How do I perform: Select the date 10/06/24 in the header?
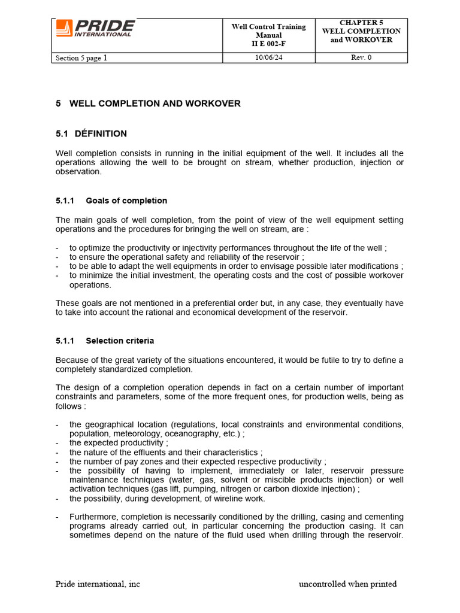[269, 58]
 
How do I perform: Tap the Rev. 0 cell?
[361, 58]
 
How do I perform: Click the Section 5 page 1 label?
[81, 58]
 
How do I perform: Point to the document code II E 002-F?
[268, 44]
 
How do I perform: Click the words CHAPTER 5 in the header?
[361, 23]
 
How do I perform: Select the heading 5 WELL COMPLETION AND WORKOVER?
[148, 104]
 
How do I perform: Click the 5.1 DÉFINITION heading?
[91, 133]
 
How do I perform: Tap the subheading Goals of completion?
[126, 201]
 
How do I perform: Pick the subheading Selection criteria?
[120, 341]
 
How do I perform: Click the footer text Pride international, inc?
[98, 584]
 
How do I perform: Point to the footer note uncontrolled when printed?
[347, 584]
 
